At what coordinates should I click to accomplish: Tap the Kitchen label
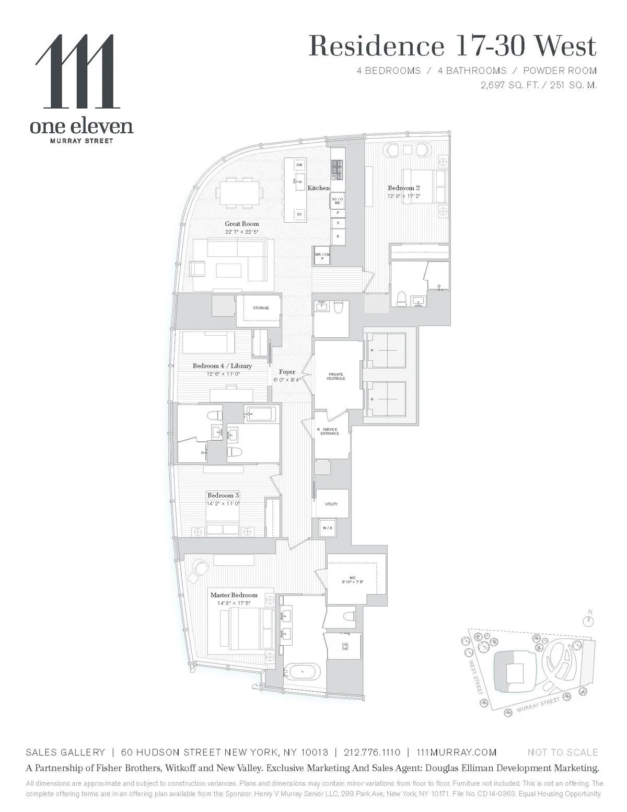[x=318, y=188]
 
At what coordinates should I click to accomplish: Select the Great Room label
[x=242, y=224]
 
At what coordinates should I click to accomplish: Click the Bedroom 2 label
[x=404, y=188]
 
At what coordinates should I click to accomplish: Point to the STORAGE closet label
[x=261, y=308]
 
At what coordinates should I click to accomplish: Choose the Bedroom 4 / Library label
[x=222, y=366]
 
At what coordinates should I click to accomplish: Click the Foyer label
[x=287, y=372]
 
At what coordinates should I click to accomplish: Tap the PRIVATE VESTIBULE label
[x=336, y=376]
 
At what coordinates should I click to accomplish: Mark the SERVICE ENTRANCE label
[x=330, y=431]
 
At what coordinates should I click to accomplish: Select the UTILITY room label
[x=331, y=504]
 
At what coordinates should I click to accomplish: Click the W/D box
[x=328, y=528]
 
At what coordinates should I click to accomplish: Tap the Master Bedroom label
[x=234, y=595]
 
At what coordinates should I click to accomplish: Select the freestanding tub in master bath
[x=303, y=670]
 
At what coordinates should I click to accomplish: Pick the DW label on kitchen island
[x=299, y=165]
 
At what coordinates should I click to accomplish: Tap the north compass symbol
[x=589, y=621]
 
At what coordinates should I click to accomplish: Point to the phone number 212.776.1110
[x=372, y=752]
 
